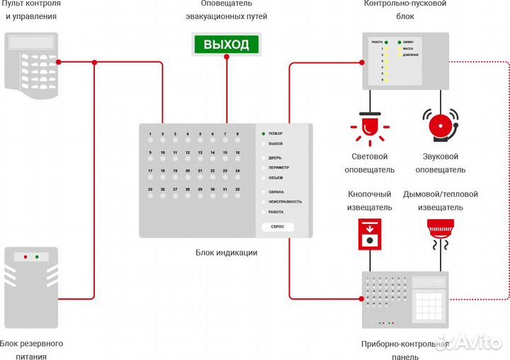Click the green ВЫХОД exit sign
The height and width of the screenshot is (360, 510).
pyautogui.click(x=227, y=45)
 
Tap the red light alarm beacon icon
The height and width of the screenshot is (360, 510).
pyautogui.click(x=368, y=128)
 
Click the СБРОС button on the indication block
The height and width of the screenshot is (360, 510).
pyautogui.click(x=277, y=227)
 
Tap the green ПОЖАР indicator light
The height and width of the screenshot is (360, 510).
pyautogui.click(x=263, y=133)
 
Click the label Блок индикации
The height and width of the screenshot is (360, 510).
pyautogui.click(x=226, y=252)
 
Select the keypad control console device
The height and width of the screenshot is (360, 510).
pyautogui.click(x=33, y=65)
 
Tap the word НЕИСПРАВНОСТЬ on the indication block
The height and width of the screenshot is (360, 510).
pyautogui.click(x=285, y=202)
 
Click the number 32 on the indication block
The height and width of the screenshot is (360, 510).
pyautogui.click(x=227, y=189)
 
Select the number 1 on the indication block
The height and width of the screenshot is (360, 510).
pyautogui.click(x=149, y=133)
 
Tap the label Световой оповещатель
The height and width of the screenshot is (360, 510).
pyautogui.click(x=369, y=163)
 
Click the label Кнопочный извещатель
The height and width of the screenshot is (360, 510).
pyautogui.click(x=369, y=201)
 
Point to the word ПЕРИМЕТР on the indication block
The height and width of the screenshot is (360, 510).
pyautogui.click(x=279, y=167)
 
